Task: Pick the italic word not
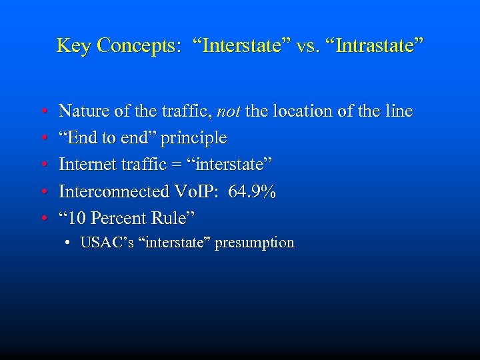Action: coord(229,111)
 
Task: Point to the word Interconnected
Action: coord(113,192)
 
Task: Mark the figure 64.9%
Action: coord(252,192)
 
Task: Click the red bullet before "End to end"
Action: coord(43,139)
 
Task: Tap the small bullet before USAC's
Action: coord(69,243)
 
